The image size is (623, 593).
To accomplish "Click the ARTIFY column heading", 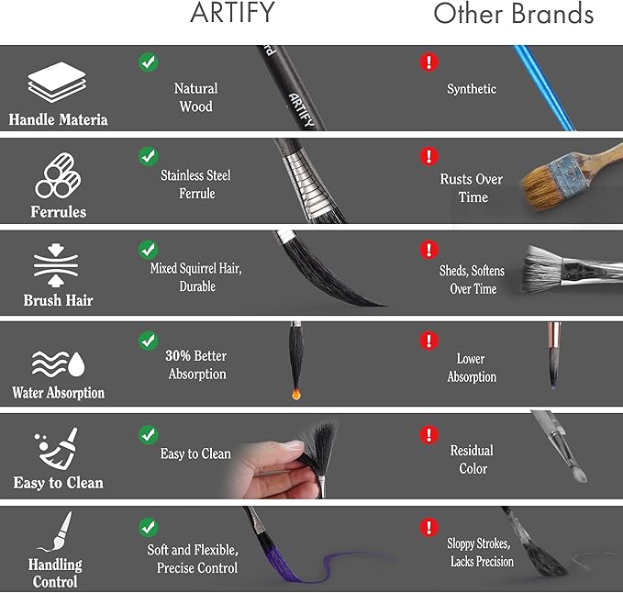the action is [232, 12].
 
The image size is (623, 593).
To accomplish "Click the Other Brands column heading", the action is [513, 14].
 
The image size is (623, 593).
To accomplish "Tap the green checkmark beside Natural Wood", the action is [149, 62].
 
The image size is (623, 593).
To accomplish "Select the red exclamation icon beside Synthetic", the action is [429, 62].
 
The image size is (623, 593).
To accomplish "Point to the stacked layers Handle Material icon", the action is [57, 82].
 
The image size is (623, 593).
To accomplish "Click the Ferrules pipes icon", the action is [58, 175].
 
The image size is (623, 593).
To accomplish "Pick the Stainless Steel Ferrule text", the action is [195, 184].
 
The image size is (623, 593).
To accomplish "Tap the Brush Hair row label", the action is [58, 300].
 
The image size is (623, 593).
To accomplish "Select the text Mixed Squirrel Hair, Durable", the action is [196, 277].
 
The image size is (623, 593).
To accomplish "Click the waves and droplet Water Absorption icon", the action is [58, 364].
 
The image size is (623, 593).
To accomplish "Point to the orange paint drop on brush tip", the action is [296, 394].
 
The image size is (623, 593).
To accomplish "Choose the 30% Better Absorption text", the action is [196, 364].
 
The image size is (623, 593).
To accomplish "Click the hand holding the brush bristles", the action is [270, 471].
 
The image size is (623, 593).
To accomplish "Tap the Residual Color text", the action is [473, 460].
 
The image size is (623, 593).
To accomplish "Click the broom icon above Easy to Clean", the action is [56, 448].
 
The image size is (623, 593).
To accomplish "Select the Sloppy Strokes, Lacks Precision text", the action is [481, 553].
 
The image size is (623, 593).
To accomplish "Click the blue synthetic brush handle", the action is [543, 88].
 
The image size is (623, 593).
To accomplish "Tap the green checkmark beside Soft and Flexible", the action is [149, 527].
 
